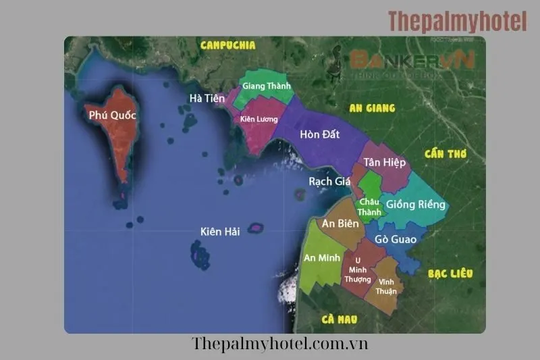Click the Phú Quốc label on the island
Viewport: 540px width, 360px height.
click(113, 115)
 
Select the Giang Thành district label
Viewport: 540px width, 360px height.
click(266, 86)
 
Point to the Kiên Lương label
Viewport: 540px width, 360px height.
click(259, 119)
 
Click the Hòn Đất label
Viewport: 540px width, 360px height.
click(320, 134)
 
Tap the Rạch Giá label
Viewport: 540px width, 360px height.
click(330, 181)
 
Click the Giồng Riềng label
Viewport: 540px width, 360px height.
click(415, 205)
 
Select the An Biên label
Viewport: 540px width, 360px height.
click(339, 224)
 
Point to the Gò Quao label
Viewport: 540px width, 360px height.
click(396, 239)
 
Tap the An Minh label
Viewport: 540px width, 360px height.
click(321, 257)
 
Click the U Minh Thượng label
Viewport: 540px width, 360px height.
click(358, 269)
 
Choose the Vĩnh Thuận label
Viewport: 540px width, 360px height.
click(387, 286)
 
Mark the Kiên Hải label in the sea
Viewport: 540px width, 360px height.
click(220, 232)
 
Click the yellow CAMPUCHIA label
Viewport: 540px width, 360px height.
click(228, 45)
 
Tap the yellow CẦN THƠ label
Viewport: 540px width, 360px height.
click(445, 154)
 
